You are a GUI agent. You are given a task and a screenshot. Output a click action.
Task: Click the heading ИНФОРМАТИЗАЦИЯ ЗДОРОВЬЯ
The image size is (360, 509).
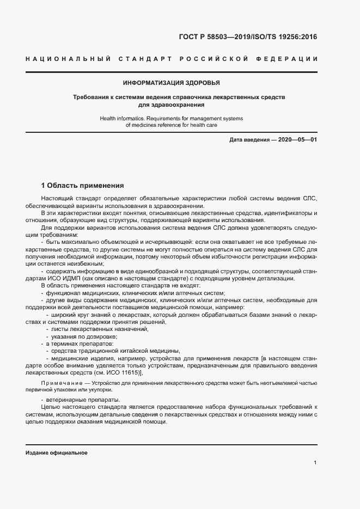point(172,83)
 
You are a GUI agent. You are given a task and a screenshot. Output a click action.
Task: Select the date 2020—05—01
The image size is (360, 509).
point(298,140)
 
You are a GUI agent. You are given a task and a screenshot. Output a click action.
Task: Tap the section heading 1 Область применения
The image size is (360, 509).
point(83,185)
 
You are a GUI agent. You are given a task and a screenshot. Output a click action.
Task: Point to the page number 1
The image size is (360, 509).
point(315,462)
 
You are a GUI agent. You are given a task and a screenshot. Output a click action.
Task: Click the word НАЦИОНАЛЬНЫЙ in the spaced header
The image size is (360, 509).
point(69,59)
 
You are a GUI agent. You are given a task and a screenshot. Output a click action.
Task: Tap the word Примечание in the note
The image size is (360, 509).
point(56,384)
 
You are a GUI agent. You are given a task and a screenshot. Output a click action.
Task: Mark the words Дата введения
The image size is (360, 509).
point(248,140)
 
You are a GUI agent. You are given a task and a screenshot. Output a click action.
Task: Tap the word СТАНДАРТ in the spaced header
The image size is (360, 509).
point(147,59)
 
